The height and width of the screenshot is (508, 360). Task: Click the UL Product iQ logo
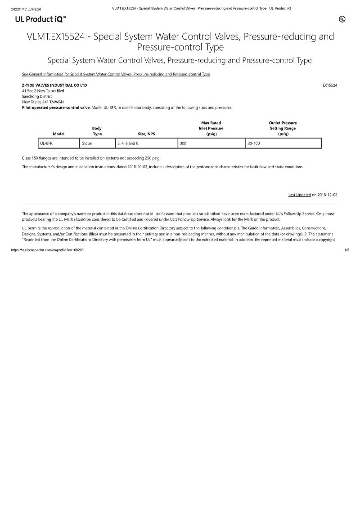coord(40,19)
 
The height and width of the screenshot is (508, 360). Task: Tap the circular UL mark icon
coord(342,19)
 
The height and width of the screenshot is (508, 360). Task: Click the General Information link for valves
coord(116,74)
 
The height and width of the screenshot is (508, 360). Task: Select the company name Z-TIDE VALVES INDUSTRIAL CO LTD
coord(54,85)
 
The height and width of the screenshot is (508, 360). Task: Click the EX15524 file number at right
coord(330,85)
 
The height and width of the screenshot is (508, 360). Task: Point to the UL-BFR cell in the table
coord(58,143)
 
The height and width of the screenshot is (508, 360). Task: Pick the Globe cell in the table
coord(97,143)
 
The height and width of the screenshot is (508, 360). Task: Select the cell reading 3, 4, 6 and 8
coord(146,143)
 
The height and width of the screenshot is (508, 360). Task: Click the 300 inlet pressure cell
coord(211,143)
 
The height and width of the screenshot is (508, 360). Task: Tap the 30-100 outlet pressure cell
coord(283,143)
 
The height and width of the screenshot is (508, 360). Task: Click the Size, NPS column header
coord(146,134)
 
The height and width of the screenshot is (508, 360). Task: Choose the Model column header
coord(58,134)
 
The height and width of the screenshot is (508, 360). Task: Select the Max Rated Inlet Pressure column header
coord(211,128)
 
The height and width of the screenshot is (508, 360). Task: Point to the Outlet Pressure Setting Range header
coord(283,128)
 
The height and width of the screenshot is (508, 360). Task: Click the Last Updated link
coord(299,195)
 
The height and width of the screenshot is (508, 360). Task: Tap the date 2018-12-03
coord(327,195)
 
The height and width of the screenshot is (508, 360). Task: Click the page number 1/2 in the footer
coord(346,250)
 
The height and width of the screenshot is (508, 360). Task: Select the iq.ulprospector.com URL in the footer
coord(47,250)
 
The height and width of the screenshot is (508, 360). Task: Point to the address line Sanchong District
coord(37,96)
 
